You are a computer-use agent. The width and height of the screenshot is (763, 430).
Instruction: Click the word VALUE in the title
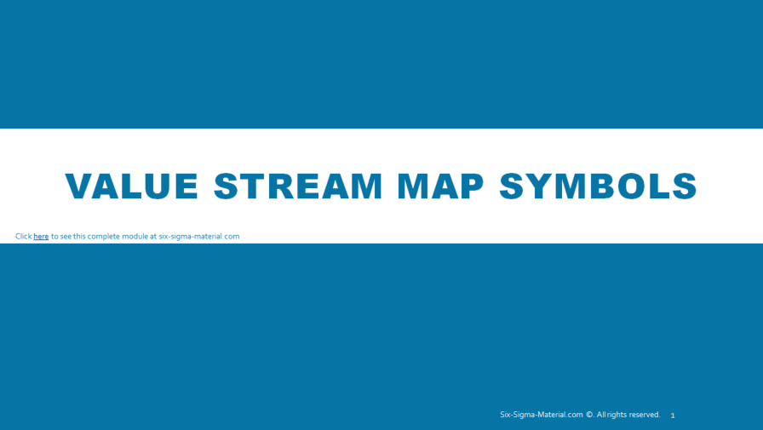(132, 186)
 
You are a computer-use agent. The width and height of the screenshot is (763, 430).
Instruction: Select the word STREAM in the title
(298, 186)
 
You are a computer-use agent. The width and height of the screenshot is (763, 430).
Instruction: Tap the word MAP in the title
(440, 186)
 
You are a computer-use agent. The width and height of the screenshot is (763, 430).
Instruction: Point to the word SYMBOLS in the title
(598, 186)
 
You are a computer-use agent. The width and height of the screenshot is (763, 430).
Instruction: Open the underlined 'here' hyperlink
(41, 237)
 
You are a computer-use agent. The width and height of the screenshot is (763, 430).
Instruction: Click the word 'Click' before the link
(23, 237)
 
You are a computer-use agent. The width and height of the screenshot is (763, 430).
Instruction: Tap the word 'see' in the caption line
(66, 237)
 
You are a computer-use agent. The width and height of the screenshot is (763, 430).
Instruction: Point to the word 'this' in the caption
(79, 237)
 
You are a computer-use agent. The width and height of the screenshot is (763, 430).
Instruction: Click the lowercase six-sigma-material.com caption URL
(199, 237)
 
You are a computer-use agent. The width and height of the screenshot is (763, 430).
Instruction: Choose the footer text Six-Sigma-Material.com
(541, 415)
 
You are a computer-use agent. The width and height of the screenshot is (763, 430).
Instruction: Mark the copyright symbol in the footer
(589, 415)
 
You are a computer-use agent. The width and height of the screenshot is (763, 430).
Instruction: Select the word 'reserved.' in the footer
(645, 415)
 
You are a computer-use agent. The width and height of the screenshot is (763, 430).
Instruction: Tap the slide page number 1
(673, 416)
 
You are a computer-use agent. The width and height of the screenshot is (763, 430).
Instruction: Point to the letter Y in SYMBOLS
(542, 186)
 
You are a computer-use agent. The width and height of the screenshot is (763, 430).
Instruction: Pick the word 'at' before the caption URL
(153, 237)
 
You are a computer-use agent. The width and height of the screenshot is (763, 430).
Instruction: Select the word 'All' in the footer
(600, 415)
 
